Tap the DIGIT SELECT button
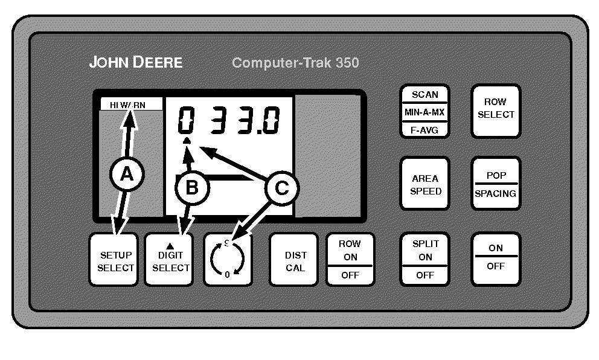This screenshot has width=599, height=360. tap(170, 259)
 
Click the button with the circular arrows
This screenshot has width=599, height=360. tap(227, 259)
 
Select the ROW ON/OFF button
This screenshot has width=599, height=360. tap(350, 259)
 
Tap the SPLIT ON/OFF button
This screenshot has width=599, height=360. tap(425, 259)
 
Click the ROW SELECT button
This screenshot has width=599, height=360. tap(496, 111)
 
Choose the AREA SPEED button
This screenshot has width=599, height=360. tap(425, 184)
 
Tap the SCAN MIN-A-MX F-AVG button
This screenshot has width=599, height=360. tap(425, 111)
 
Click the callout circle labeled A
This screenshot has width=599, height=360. tap(126, 175)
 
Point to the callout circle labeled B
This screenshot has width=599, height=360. tap(191, 187)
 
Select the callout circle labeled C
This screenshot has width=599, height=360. tap(281, 188)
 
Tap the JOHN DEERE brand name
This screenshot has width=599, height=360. tap(136, 62)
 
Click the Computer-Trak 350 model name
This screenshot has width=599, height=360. tap(295, 62)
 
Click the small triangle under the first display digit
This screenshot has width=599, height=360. tap(187, 141)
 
